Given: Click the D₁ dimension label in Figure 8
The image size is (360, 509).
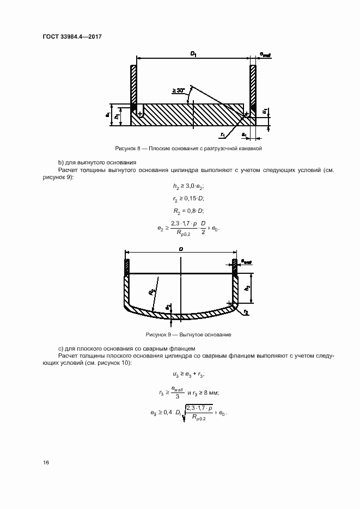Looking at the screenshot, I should pos(193,53).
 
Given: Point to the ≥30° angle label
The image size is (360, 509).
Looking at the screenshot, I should pos(178,89).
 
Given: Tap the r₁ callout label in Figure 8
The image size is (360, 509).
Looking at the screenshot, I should pos(223,133).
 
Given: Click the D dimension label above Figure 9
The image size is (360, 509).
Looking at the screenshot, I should pos(181,248).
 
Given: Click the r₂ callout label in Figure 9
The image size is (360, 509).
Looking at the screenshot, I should pos(246,312).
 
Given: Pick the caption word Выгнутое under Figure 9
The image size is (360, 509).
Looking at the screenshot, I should pos(188,334).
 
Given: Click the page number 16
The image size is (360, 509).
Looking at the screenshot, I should pos(46,463).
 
